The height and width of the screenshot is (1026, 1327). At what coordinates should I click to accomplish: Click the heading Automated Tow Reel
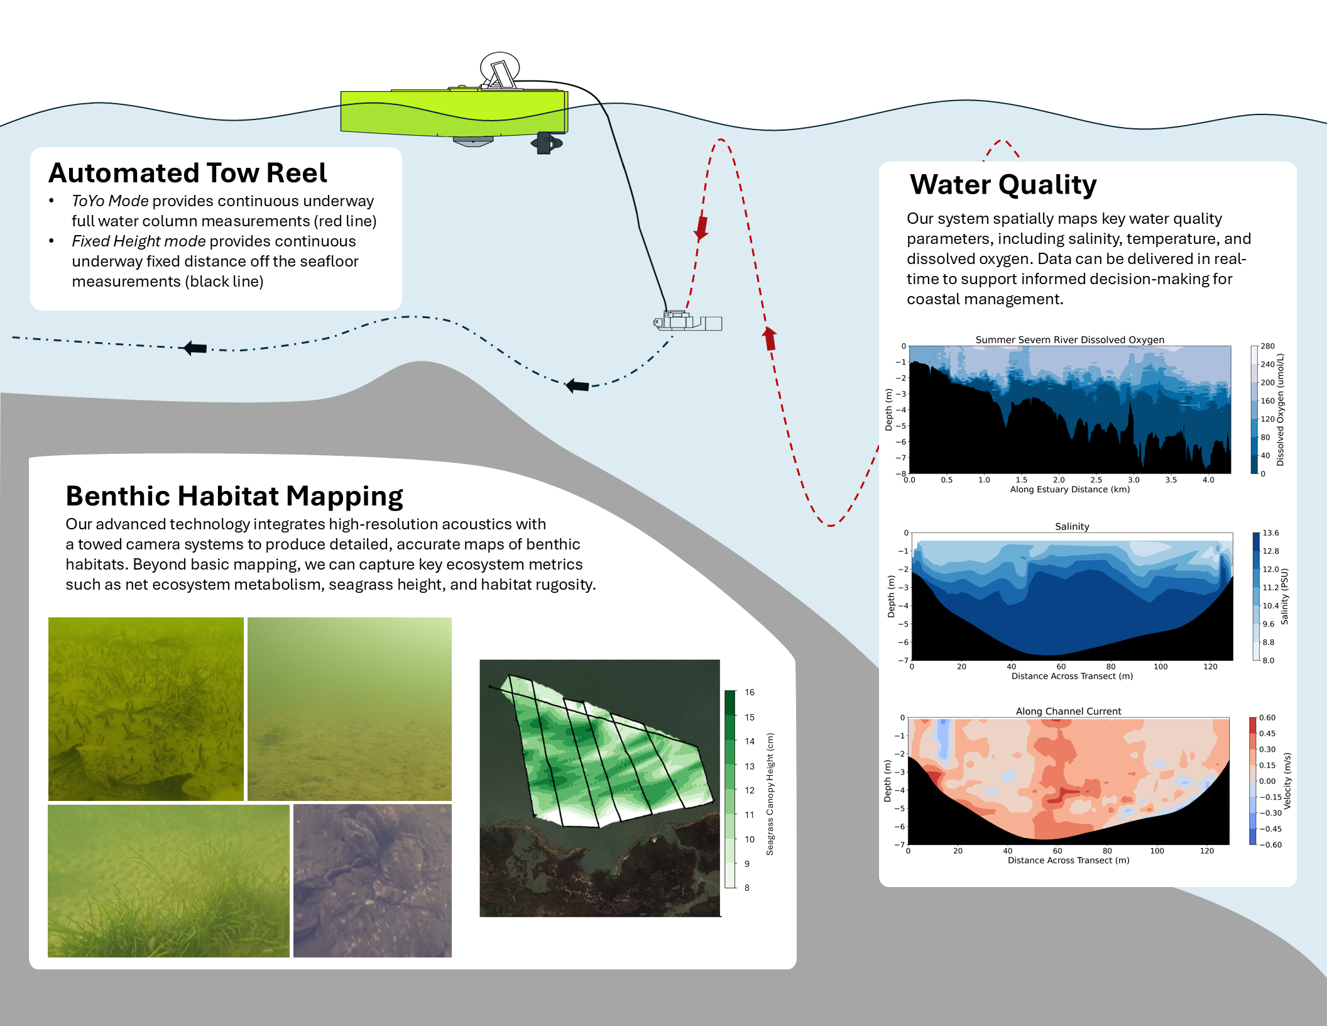188,173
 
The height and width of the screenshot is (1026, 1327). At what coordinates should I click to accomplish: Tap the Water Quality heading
1003,185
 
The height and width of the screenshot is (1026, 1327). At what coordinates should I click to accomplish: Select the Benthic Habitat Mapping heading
234,496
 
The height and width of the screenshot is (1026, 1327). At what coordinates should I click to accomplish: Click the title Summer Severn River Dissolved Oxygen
1069,339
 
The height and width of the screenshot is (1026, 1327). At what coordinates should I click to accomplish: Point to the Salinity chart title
1072,526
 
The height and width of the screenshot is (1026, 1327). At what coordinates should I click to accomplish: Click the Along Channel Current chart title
1068,711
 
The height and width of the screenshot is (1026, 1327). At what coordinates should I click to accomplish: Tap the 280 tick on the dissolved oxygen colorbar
1267,346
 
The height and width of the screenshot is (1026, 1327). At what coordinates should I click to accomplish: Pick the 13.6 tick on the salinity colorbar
1270,533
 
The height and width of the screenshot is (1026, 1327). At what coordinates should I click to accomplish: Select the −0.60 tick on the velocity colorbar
1270,845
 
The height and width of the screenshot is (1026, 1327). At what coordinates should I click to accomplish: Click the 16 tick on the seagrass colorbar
750,692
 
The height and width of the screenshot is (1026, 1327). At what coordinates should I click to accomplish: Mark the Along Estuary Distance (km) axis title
1069,490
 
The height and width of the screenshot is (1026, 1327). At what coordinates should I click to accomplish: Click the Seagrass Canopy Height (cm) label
770,794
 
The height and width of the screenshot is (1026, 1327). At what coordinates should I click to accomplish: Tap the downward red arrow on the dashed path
701,229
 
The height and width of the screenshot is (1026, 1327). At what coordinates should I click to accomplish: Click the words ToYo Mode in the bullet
110,201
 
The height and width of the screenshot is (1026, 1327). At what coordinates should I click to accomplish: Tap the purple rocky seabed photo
372,880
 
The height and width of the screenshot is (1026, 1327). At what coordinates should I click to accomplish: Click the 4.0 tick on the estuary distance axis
1208,480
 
